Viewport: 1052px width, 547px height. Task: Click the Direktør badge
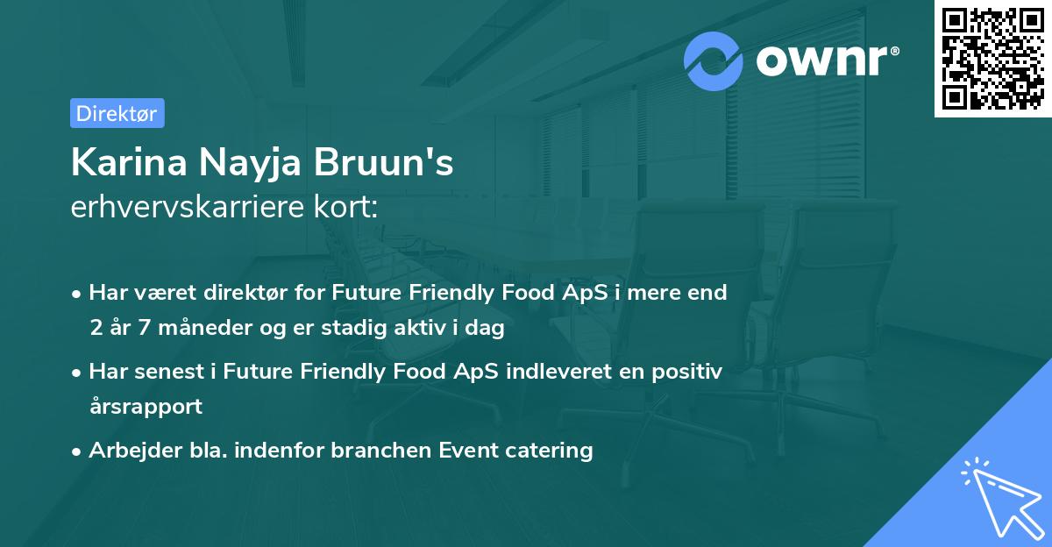pyautogui.click(x=117, y=113)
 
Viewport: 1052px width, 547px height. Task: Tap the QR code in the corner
pyautogui.click(x=992, y=58)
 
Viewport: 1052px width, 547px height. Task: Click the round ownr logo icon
pyautogui.click(x=714, y=60)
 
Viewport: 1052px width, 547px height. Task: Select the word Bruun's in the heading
pyautogui.click(x=399, y=163)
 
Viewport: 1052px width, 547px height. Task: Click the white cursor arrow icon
pyautogui.click(x=999, y=495)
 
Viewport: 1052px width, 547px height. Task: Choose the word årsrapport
pyautogui.click(x=146, y=407)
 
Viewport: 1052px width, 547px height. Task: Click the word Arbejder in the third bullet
pyautogui.click(x=129, y=451)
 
